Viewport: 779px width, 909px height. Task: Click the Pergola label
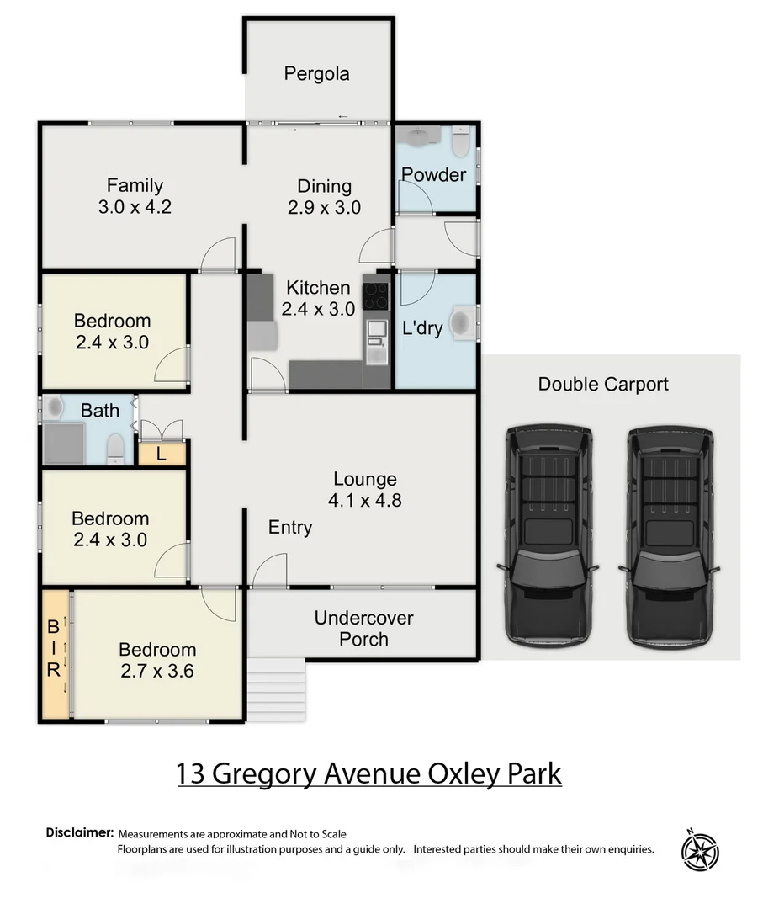(x=316, y=74)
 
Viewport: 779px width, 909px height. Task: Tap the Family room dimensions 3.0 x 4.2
(x=135, y=207)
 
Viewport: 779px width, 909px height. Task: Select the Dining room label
(x=324, y=186)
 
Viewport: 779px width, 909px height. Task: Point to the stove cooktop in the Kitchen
(x=375, y=295)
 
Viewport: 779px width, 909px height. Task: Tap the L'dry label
(x=421, y=328)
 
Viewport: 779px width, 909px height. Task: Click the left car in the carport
(x=548, y=534)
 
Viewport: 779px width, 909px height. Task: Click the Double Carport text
(x=603, y=385)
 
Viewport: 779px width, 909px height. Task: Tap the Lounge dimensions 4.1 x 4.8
(x=365, y=500)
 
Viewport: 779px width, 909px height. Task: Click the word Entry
(x=290, y=528)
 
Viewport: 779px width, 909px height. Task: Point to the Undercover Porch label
(x=363, y=628)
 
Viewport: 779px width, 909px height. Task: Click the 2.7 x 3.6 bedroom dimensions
(x=157, y=671)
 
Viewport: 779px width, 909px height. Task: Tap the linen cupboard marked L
(x=161, y=454)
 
